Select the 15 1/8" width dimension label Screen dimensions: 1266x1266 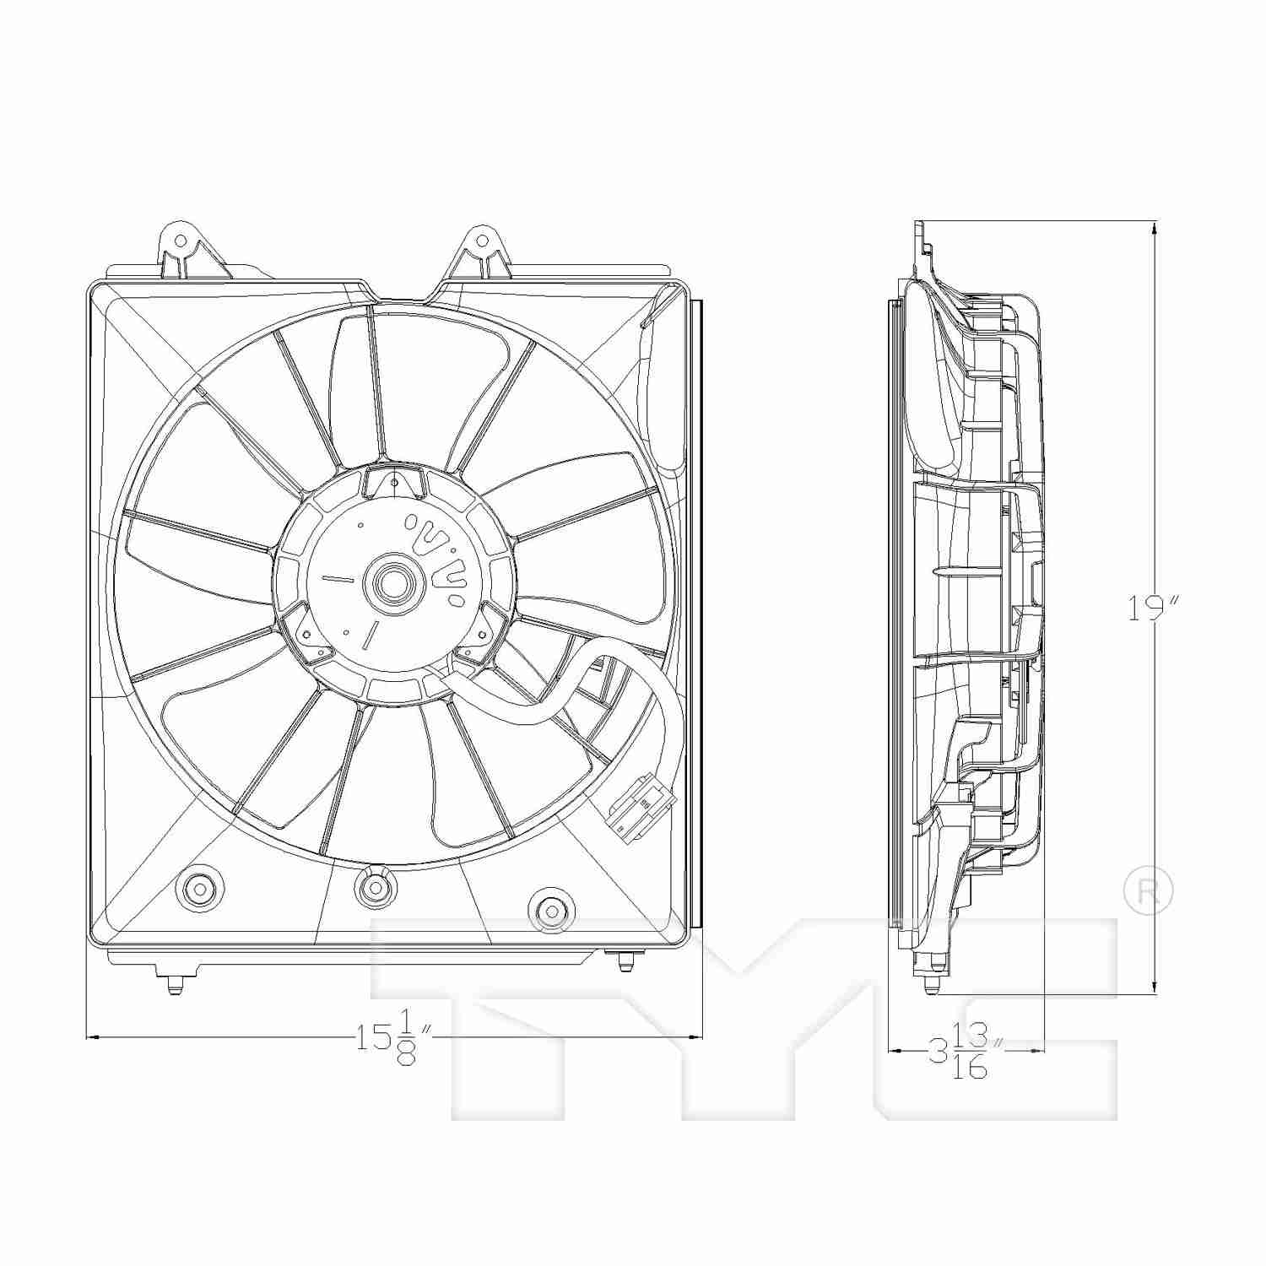pos(393,1036)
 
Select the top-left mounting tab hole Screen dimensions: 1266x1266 pos(179,241)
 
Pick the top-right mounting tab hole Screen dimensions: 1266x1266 pos(482,241)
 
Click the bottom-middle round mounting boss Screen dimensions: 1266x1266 pos(374,887)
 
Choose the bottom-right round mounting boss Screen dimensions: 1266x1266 pos(550,910)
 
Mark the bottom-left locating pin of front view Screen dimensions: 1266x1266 pos(173,983)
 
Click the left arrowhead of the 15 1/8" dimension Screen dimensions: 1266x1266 pos(93,1036)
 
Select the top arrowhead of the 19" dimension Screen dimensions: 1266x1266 pos(1154,227)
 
